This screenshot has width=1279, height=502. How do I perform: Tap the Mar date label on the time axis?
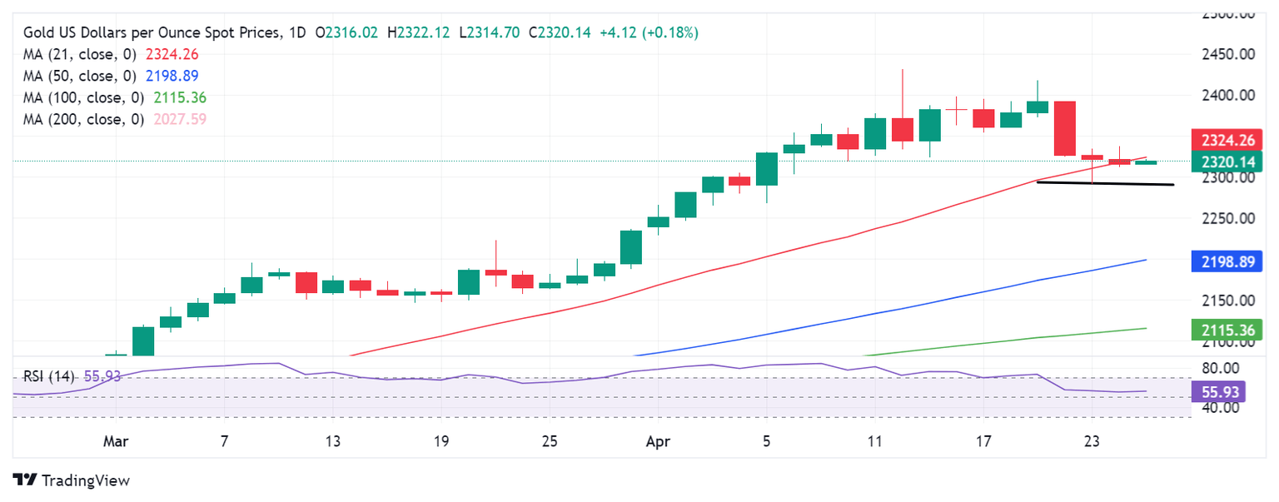click(116, 441)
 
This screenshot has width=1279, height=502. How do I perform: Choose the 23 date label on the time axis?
click(1092, 441)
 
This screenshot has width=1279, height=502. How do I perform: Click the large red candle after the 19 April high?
click(1064, 128)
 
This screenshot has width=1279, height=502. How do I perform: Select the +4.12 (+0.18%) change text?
click(649, 32)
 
